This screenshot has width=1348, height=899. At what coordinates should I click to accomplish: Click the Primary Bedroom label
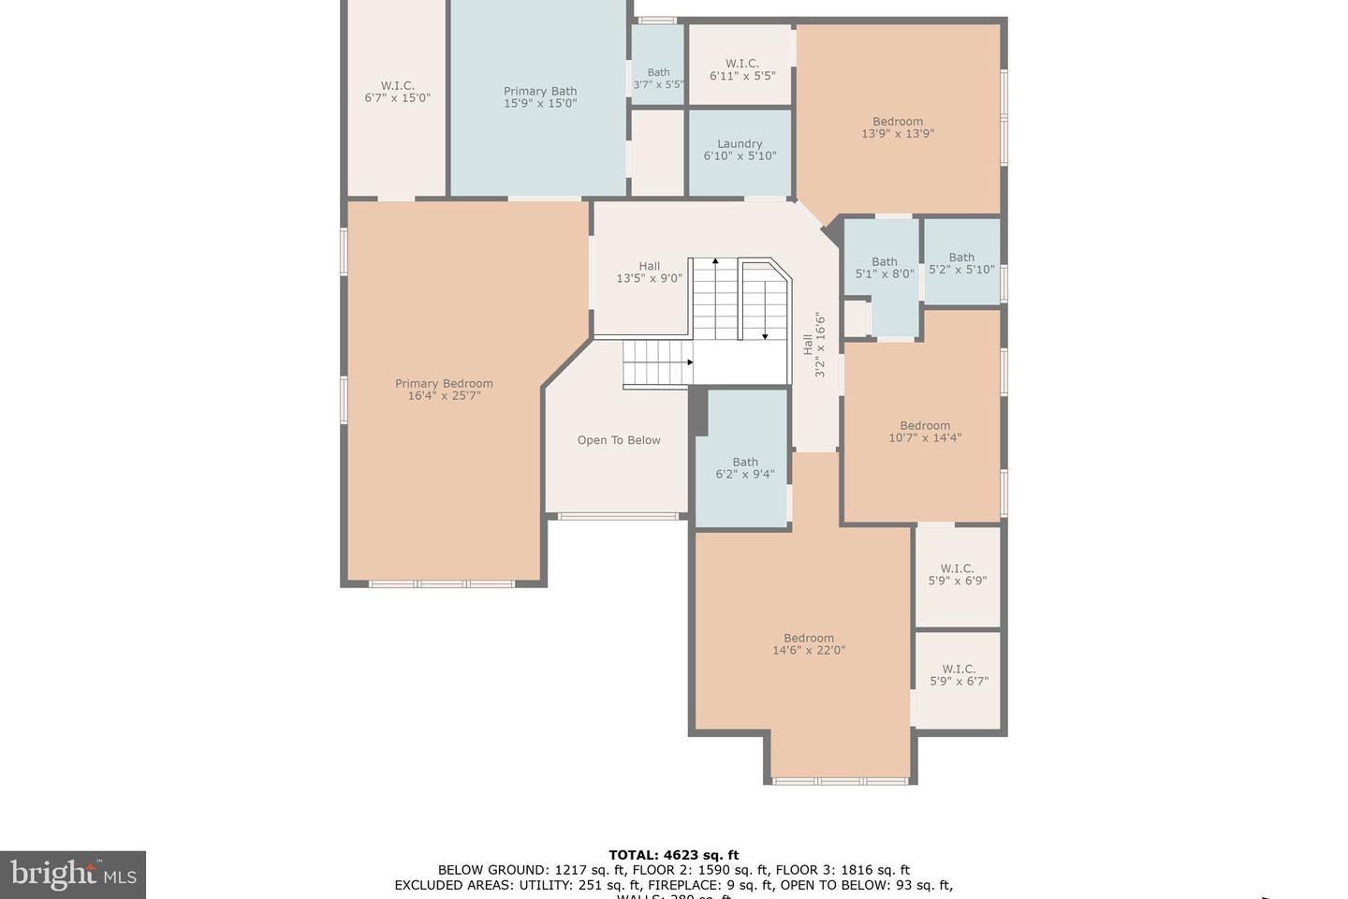coord(444,390)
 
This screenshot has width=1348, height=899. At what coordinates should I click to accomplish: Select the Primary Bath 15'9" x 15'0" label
coord(540,97)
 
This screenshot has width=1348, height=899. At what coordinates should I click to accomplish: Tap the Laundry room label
coord(740,150)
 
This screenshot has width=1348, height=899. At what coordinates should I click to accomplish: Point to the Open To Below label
coord(619,440)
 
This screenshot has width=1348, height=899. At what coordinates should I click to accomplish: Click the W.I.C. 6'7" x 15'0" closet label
coord(397,91)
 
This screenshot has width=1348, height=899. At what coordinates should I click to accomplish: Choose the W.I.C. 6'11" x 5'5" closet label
coord(741,69)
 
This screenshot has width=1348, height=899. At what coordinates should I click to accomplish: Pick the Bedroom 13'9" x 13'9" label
coord(898,127)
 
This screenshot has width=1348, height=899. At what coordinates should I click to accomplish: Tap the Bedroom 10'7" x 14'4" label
coord(925,432)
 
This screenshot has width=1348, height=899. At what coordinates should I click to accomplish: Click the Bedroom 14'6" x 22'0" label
coord(809,644)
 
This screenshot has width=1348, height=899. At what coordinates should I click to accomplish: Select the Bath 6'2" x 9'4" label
coord(745,468)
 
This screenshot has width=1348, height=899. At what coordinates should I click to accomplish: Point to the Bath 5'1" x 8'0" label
coord(885,268)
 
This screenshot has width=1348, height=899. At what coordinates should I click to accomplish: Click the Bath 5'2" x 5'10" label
coord(961,263)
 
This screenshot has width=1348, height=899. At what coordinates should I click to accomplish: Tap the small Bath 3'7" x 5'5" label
coord(658,78)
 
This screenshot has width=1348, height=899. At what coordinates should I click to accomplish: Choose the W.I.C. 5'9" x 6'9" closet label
coord(958,574)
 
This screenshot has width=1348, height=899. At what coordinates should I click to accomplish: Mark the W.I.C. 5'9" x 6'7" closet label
coord(959,675)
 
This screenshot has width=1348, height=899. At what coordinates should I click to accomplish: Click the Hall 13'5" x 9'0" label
coord(649,272)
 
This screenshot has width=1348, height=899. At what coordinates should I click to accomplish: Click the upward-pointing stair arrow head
coord(715,261)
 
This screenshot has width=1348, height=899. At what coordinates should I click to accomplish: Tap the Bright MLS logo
coord(72,875)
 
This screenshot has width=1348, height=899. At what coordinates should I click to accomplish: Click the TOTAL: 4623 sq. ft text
coord(673,854)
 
